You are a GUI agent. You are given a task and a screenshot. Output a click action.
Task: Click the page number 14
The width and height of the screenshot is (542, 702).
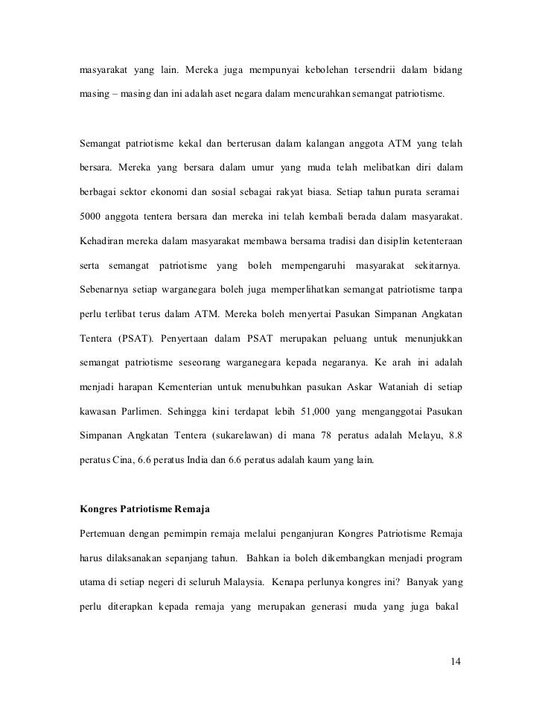(456, 661)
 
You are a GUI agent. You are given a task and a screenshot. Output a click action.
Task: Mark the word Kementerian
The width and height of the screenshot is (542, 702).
(227, 387)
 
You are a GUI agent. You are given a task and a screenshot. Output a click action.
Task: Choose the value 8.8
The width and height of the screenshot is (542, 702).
(453, 433)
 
